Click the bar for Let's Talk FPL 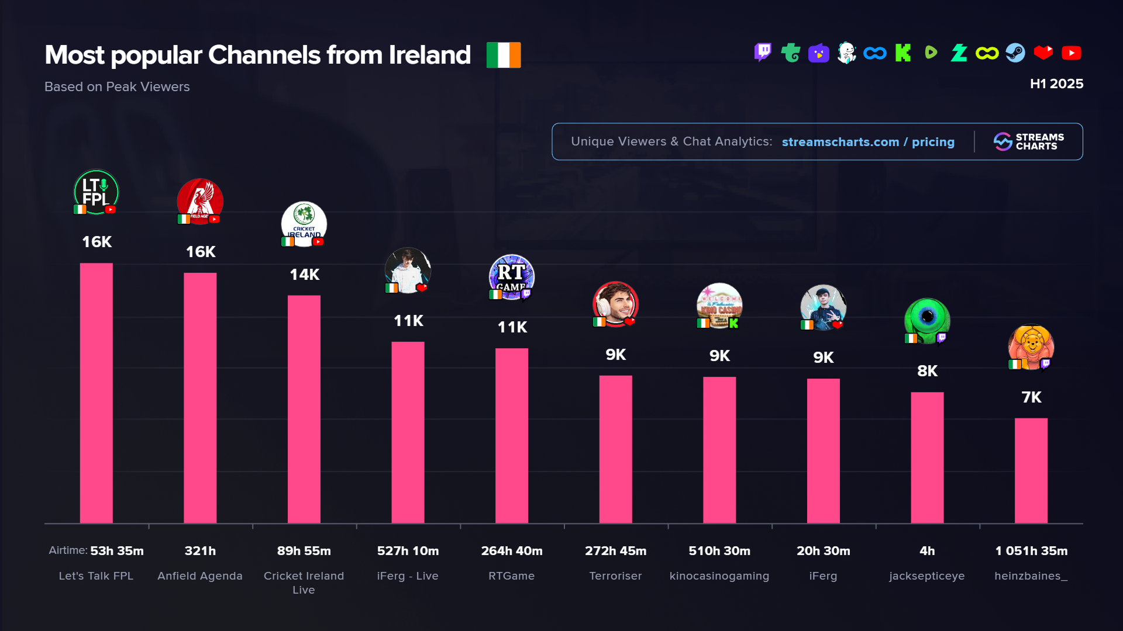[96, 393]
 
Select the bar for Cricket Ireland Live [304, 409]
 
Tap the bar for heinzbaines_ [1031, 470]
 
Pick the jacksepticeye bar [927, 457]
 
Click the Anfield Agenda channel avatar [200, 201]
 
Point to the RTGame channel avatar [512, 277]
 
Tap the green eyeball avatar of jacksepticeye [927, 320]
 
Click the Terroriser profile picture [615, 304]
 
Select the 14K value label [304, 275]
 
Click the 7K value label [1031, 397]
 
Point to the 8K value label [927, 371]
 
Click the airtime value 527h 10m [408, 551]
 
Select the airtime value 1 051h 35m [1031, 551]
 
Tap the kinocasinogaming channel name [719, 576]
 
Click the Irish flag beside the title [504, 55]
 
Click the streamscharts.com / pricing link [868, 142]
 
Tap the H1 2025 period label [1056, 84]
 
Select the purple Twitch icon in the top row [763, 53]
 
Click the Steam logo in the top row [1015, 53]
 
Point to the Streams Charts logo [1028, 141]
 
